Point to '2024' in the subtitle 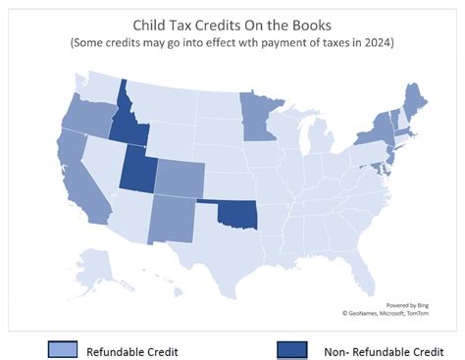pos(378,44)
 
